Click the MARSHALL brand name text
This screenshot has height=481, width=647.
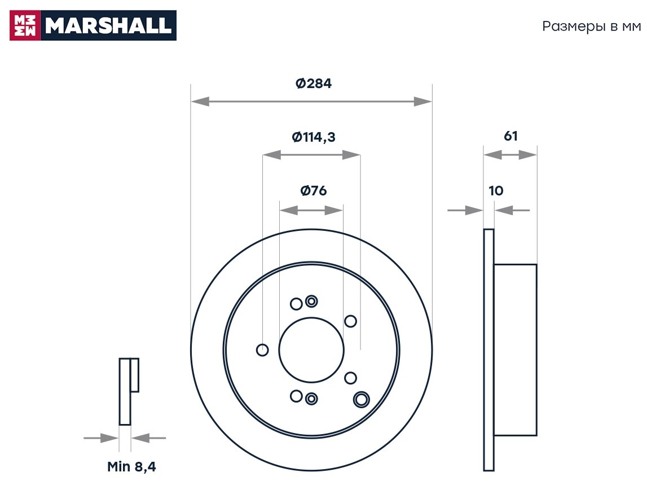108,25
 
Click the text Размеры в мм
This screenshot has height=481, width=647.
592,27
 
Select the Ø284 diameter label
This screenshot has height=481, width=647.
314,84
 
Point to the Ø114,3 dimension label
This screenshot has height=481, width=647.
314,137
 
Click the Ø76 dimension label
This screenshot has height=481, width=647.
314,191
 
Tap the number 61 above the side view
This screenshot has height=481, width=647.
510,136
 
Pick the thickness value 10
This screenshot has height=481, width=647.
496,191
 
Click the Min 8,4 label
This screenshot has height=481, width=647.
131,467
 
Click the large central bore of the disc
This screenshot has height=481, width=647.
311,349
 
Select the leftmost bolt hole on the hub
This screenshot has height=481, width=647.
262,350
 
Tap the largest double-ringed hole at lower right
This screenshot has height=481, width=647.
360,399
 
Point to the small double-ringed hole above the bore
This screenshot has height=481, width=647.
311,301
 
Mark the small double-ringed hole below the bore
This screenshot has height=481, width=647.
311,399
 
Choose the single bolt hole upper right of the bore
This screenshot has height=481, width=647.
350,321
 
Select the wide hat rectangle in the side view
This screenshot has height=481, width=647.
515,350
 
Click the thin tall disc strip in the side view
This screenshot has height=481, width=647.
488,350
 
